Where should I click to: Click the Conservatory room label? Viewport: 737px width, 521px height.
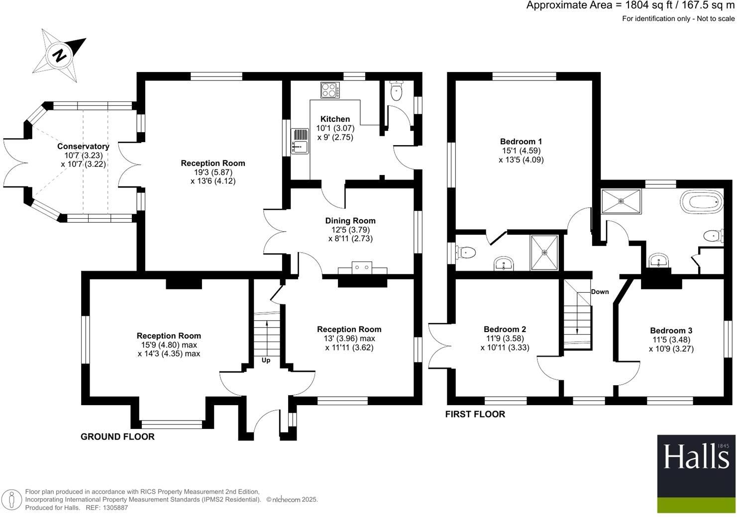[x=83, y=146]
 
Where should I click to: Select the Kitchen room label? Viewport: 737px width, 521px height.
[x=335, y=119]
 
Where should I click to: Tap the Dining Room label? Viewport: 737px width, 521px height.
[x=350, y=221]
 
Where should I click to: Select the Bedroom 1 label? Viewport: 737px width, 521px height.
[x=521, y=142]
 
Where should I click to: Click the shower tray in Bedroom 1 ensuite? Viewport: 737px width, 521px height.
[x=544, y=253]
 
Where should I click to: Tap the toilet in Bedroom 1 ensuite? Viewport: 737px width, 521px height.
[x=466, y=253]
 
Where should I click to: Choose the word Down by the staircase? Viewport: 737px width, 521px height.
[x=600, y=292]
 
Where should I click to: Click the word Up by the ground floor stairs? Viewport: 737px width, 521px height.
[x=266, y=360]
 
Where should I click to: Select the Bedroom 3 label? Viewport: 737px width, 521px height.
[x=671, y=331]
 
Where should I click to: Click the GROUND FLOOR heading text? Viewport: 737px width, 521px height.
[x=117, y=436]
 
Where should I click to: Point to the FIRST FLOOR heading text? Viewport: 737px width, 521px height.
[x=475, y=414]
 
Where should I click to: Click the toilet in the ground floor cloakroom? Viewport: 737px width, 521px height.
[x=396, y=91]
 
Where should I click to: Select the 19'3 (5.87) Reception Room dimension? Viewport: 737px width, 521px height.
[x=213, y=172]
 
